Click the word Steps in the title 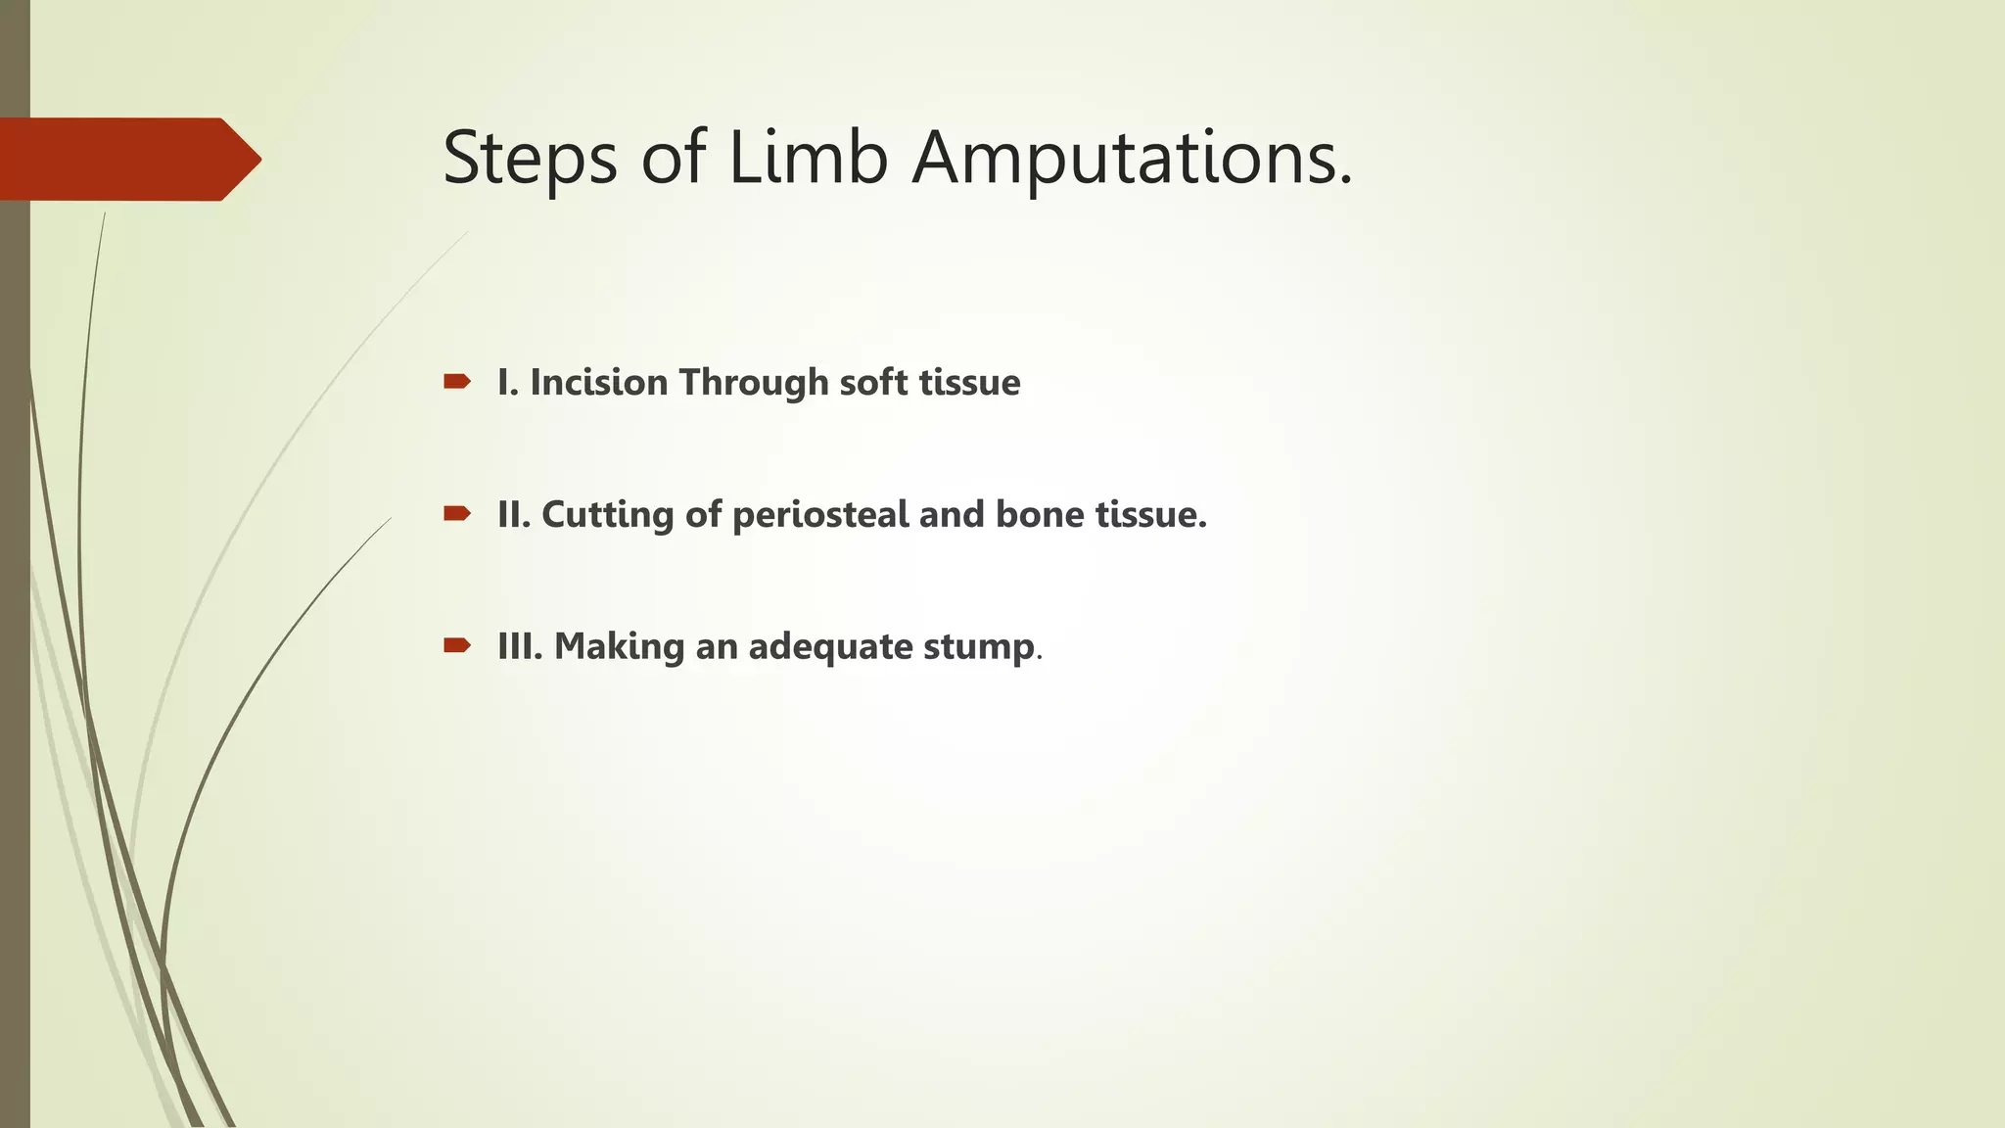point(530,159)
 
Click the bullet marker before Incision point(456,381)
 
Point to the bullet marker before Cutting point(456,513)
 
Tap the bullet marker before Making point(456,645)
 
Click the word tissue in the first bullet point(969,382)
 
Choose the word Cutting point(607,514)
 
